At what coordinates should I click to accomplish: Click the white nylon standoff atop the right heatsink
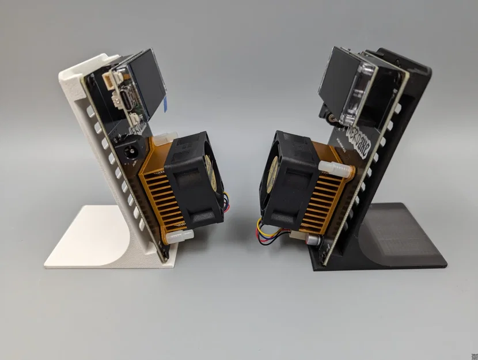coord(333,168)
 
